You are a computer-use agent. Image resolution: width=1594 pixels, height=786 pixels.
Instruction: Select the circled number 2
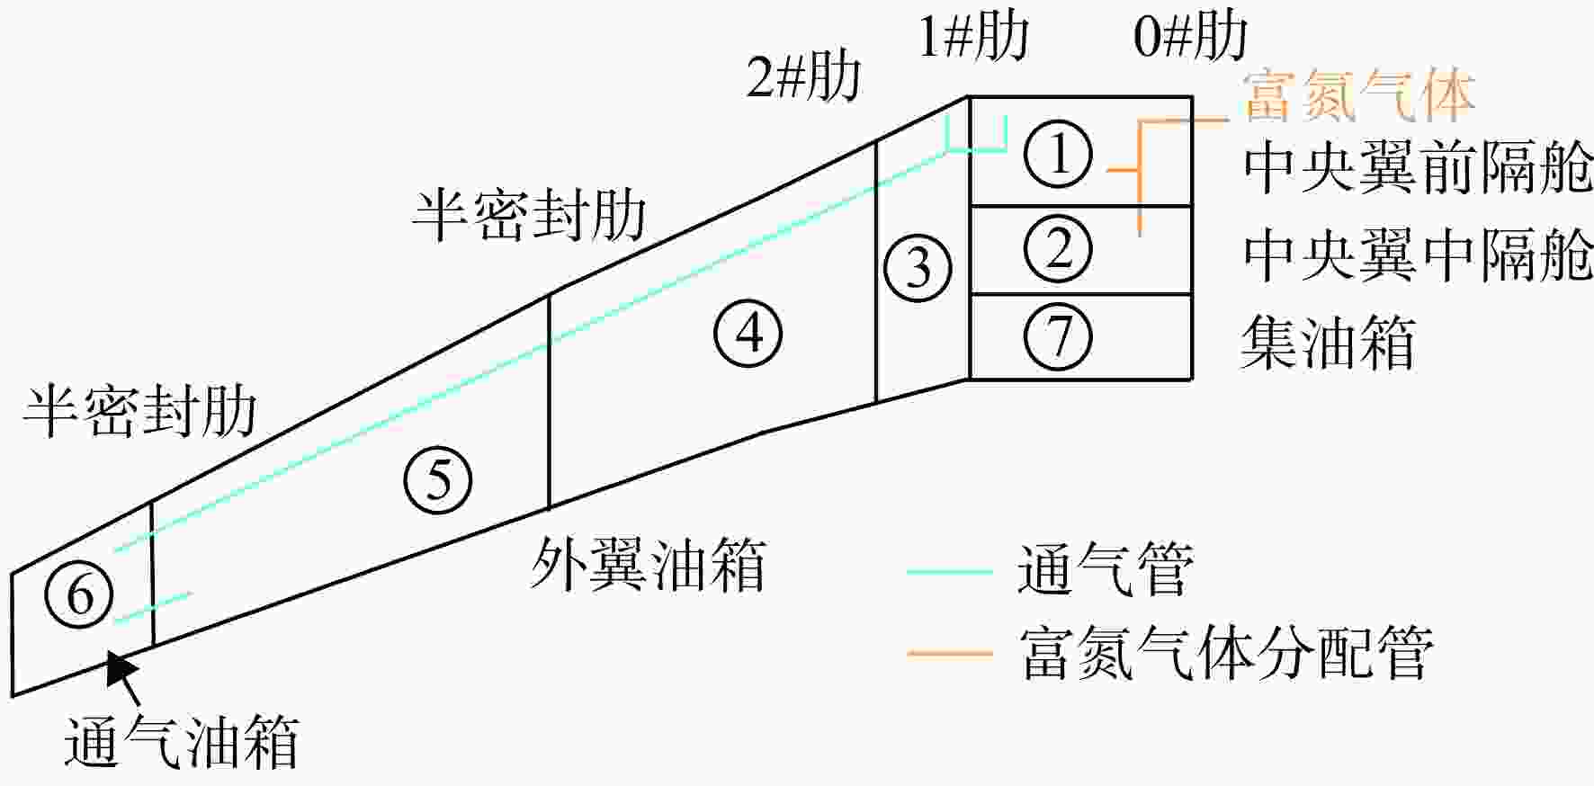click(1059, 249)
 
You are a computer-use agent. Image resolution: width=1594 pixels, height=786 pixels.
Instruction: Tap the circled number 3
click(918, 267)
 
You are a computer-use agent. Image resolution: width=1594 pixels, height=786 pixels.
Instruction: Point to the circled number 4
click(748, 333)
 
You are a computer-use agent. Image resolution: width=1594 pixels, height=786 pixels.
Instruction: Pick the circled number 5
click(438, 478)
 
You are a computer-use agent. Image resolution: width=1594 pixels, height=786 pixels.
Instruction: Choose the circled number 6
click(79, 594)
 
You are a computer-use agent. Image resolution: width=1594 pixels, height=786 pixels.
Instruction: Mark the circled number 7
click(1059, 336)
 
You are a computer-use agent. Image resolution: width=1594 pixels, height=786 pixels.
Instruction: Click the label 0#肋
click(1190, 38)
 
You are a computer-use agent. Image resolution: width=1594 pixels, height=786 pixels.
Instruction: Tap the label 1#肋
click(973, 38)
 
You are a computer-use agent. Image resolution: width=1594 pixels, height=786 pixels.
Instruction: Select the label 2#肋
click(803, 76)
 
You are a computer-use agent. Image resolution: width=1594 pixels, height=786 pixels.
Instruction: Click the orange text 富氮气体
click(1358, 95)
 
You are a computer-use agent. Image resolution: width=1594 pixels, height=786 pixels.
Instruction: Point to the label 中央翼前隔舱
click(1418, 167)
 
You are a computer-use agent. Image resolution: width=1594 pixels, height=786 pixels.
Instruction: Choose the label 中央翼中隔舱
click(1418, 255)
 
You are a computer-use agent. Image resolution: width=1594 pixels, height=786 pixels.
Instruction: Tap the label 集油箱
click(1329, 343)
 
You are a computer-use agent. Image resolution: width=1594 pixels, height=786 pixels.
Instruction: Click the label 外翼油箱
click(648, 565)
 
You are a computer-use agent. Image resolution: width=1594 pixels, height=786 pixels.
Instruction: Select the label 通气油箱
click(181, 743)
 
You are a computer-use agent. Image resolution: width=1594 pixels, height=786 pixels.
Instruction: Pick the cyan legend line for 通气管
click(949, 570)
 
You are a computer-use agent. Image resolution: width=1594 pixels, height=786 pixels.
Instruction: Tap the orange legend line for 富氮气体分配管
click(949, 652)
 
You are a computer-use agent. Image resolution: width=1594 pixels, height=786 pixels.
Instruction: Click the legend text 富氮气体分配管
click(1227, 652)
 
